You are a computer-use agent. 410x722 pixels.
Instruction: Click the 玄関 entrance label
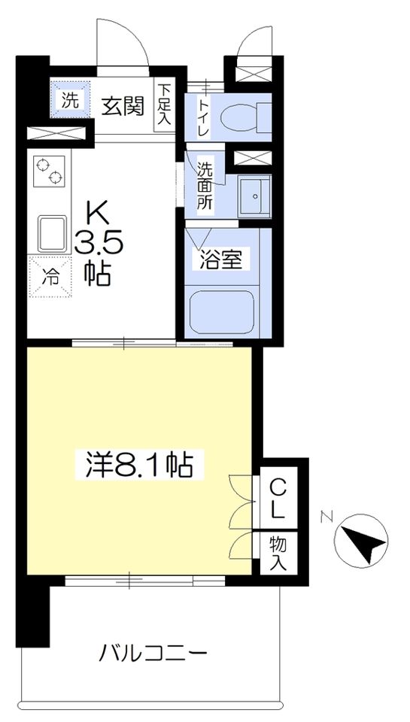pyautogui.click(x=123, y=107)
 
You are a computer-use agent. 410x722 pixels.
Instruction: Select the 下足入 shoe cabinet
pyautogui.click(x=164, y=106)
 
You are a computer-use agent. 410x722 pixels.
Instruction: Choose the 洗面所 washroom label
pyautogui.click(x=205, y=185)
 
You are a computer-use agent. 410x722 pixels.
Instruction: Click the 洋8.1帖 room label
pyautogui.click(x=138, y=466)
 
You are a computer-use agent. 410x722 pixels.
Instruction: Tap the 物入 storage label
pyautogui.click(x=278, y=554)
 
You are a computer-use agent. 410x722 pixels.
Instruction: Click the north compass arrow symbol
pyautogui.click(x=363, y=538)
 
